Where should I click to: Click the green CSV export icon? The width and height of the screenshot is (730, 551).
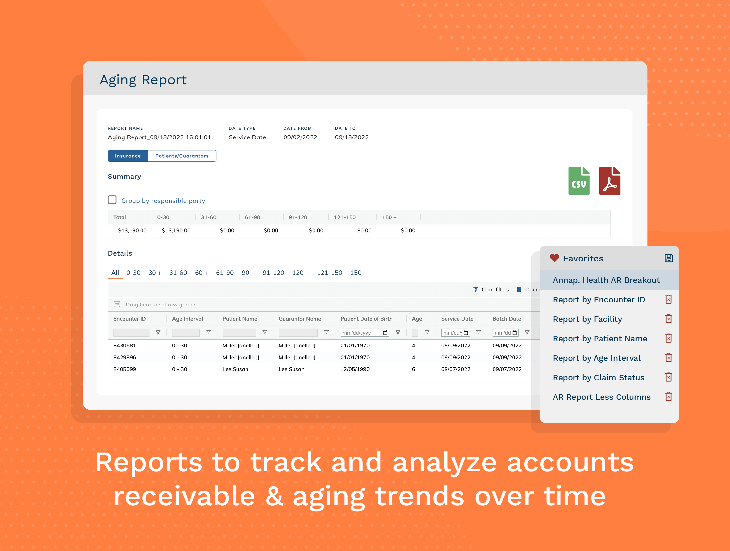click(x=579, y=181)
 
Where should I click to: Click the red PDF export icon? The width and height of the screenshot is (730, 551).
click(x=609, y=181)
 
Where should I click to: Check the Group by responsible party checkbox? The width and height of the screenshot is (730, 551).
click(x=112, y=200)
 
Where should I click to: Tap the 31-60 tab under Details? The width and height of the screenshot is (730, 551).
click(x=178, y=273)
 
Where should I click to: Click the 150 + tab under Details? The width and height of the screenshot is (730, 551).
click(x=358, y=273)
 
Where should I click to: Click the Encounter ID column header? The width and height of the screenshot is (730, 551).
click(x=129, y=319)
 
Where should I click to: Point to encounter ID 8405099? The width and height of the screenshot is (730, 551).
click(x=125, y=369)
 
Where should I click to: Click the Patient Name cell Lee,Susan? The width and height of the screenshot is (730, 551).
click(x=235, y=369)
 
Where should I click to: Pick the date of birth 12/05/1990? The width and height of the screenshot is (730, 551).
click(x=355, y=369)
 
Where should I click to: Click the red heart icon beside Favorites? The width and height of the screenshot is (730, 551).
click(x=554, y=258)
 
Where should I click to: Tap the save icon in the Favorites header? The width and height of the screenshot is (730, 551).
click(x=668, y=258)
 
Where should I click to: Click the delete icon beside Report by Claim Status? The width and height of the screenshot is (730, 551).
click(x=668, y=377)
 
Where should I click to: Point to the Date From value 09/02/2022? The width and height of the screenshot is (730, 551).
click(x=300, y=137)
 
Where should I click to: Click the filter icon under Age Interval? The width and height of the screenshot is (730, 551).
click(x=208, y=333)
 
